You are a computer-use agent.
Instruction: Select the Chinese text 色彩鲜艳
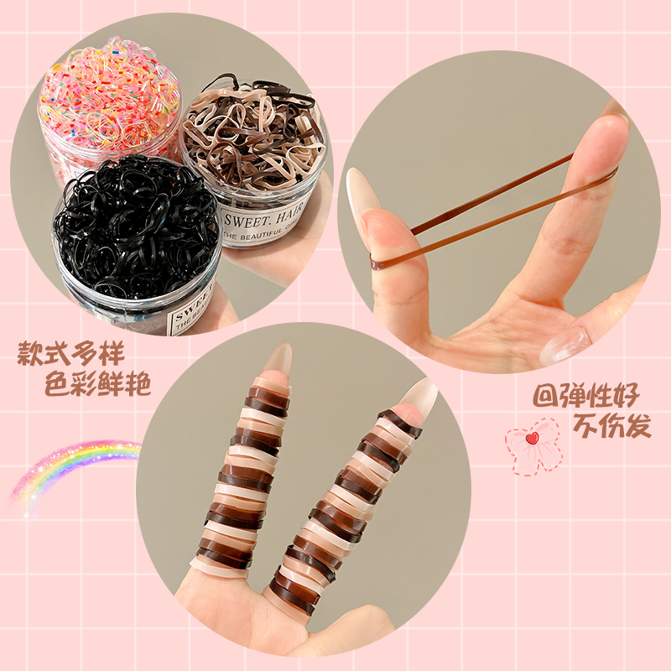tap(99, 385)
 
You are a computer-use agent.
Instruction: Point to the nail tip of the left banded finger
tap(276, 361)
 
